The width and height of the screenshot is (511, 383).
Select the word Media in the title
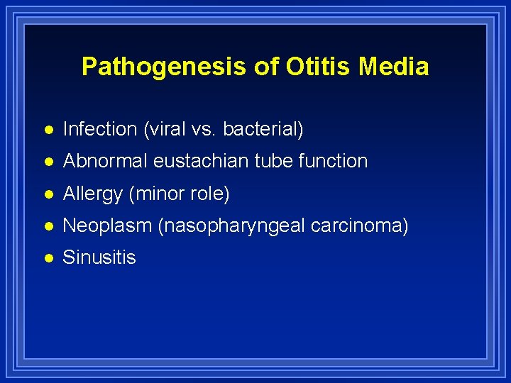click(x=393, y=67)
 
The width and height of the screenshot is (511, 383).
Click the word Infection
click(x=99, y=129)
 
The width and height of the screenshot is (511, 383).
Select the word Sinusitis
click(x=99, y=257)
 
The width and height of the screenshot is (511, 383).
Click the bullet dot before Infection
click(x=48, y=130)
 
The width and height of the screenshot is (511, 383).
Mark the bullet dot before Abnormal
click(x=48, y=162)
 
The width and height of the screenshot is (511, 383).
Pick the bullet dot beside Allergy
click(x=48, y=194)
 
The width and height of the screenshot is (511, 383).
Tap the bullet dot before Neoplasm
click(x=48, y=226)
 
